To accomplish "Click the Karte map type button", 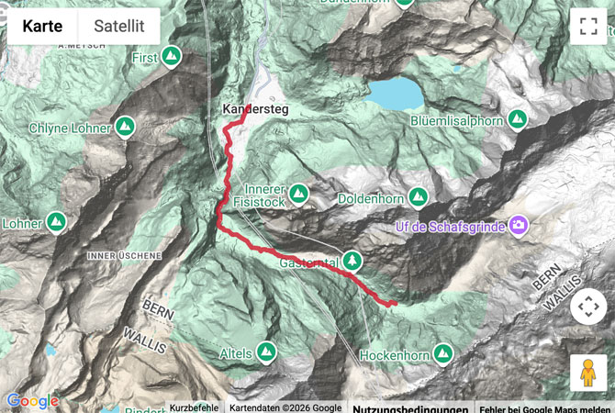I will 42,26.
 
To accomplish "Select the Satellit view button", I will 118,26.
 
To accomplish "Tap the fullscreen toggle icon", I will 587,26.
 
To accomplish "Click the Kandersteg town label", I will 255,109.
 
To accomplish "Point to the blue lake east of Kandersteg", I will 396,93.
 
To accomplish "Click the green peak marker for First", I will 172,57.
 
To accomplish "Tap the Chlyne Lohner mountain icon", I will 126,126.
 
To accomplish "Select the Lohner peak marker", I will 57,222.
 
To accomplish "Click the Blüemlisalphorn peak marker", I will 518,119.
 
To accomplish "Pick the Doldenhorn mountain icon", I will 419,196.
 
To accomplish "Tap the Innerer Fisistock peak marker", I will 298,193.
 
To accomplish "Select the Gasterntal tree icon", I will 352,261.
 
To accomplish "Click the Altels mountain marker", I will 266,352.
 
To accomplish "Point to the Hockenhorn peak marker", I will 443,352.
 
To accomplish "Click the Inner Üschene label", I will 124,254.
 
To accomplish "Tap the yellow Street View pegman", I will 587,373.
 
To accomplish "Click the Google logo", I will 32,401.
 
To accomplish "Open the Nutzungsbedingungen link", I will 410,408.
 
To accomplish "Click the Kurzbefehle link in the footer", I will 195,408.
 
